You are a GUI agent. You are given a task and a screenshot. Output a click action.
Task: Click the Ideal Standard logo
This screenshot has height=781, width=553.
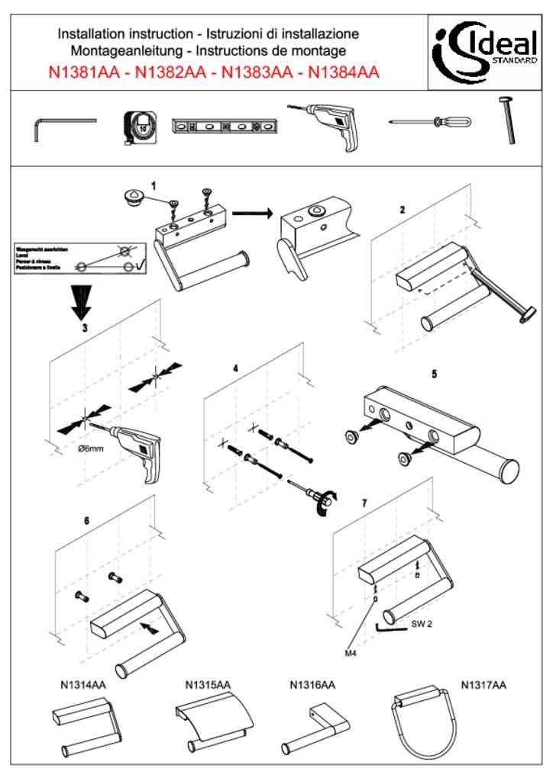point(487,52)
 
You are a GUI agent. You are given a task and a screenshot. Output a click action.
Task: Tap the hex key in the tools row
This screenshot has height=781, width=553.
point(61,127)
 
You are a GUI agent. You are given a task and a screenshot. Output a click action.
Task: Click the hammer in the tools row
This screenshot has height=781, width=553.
point(508,120)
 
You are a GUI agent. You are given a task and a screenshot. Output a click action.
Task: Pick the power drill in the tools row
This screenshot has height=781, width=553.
point(329,125)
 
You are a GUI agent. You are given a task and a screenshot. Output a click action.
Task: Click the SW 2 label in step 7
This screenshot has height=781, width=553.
point(422,624)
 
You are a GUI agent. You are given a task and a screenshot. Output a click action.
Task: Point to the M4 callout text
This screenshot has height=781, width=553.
point(351,654)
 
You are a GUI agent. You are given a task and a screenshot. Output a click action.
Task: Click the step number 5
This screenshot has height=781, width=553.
point(434,374)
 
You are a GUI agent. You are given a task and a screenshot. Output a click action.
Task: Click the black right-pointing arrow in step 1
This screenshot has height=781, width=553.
point(253,213)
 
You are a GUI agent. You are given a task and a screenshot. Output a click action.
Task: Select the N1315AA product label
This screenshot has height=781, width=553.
point(208,685)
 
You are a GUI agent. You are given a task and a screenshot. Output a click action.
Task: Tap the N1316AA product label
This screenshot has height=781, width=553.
point(312,685)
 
